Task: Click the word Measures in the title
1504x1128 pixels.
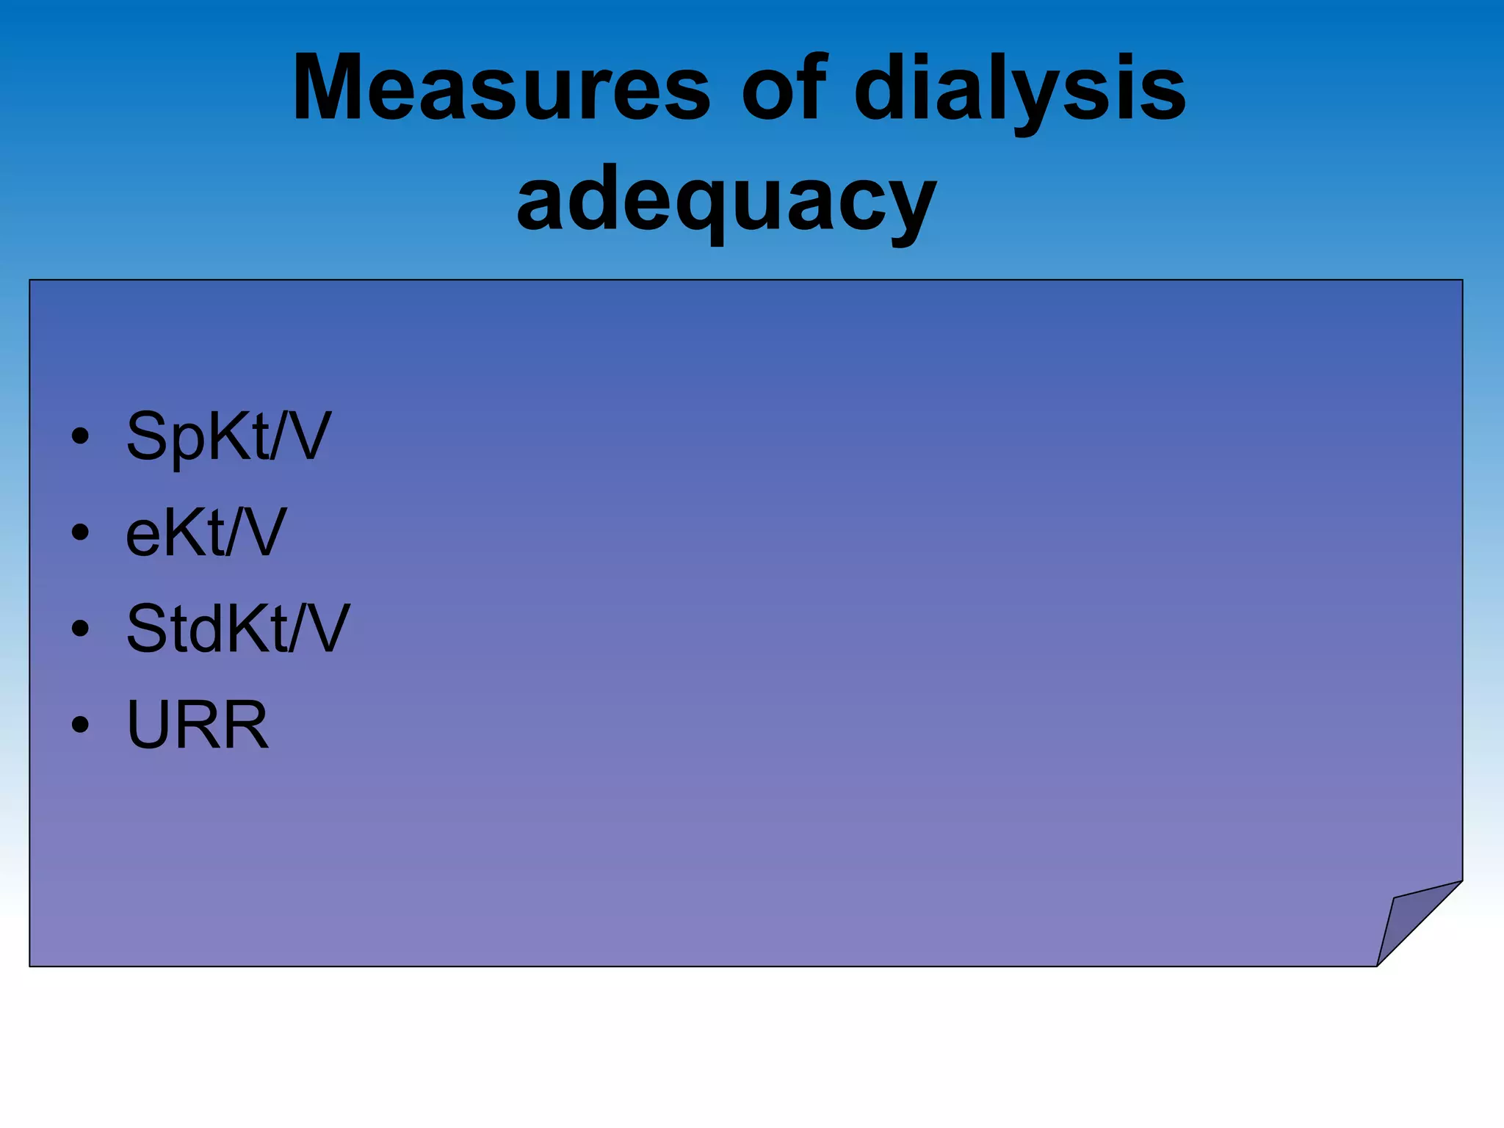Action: tap(501, 88)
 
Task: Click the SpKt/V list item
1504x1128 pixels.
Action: tap(228, 436)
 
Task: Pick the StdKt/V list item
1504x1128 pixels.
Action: tap(238, 629)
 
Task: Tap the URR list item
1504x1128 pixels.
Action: tap(198, 725)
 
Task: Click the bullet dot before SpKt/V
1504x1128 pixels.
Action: tap(80, 437)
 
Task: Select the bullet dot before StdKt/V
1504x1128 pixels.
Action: tap(80, 629)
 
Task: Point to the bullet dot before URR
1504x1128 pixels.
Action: tap(80, 725)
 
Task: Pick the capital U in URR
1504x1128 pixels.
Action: tap(151, 725)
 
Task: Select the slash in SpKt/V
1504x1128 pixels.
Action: tap(278, 436)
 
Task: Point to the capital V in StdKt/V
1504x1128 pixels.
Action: tap(323, 629)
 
